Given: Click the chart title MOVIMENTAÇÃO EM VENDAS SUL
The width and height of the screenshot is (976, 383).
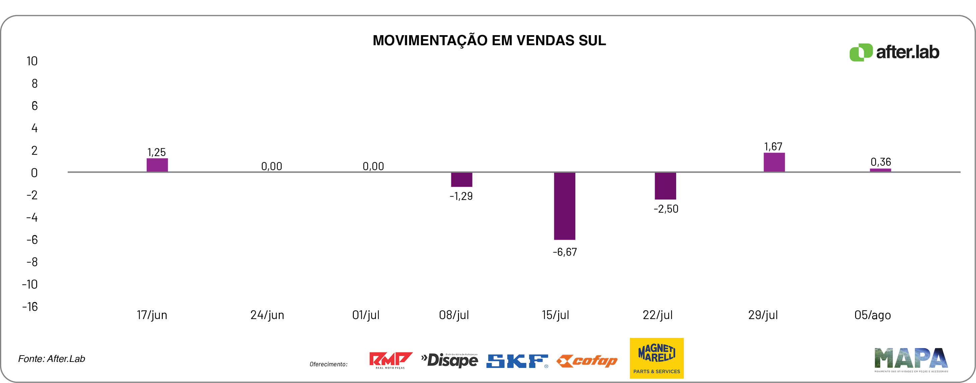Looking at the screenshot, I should tap(489, 41).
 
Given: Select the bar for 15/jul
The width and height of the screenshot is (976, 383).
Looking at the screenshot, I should tap(564, 206).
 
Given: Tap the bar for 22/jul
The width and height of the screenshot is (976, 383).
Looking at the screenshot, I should tap(665, 186).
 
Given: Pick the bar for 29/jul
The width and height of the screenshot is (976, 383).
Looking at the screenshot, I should tap(774, 162).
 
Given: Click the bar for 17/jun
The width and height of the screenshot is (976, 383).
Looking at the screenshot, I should tap(157, 165).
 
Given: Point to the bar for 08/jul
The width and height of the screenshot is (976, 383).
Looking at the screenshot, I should tap(461, 179).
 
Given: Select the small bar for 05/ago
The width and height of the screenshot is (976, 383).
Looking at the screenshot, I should tap(880, 170).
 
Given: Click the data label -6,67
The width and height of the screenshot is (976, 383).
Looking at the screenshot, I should tap(565, 252).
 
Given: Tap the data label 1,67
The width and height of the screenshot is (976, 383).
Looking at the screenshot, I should tap(773, 146).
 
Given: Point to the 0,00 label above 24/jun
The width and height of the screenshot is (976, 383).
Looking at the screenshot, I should tap(272, 166).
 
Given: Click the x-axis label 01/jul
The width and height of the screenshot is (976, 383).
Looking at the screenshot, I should tap(366, 315).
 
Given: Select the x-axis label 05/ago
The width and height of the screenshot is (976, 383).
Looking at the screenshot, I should tap(872, 315).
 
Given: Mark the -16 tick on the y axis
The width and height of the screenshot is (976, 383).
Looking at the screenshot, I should tap(30, 307).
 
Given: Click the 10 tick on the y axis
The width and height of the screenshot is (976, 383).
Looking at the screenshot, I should tap(32, 61).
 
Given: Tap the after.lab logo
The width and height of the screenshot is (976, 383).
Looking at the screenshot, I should tap(894, 52).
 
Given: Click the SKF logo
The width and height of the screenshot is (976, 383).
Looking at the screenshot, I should tap(517, 361).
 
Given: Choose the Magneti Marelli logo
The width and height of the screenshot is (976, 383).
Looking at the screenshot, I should tap(657, 358).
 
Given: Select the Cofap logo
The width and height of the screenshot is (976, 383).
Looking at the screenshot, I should tap(587, 361).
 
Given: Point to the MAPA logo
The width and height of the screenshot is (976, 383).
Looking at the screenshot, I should tap(911, 359).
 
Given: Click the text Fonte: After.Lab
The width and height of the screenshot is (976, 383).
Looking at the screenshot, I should tap(52, 359).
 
